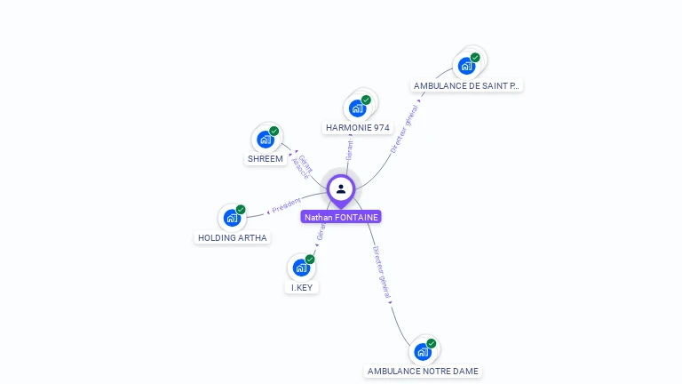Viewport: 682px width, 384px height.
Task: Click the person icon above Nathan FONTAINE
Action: (341, 188)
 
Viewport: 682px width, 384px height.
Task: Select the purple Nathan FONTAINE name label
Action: (341, 217)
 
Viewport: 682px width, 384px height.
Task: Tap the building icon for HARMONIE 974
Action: (358, 108)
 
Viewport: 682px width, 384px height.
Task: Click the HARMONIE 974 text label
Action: (358, 128)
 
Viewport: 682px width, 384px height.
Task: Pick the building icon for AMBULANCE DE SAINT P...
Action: (466, 66)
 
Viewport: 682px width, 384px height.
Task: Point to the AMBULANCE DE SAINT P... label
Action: (467, 86)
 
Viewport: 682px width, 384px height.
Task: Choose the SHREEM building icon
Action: (266, 140)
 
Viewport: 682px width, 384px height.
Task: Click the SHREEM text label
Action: (266, 159)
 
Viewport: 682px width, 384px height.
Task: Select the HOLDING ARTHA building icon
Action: (232, 218)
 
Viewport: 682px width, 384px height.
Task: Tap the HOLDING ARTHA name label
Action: (233, 238)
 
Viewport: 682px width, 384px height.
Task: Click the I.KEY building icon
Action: (302, 268)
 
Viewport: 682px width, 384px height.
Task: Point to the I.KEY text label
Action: (303, 288)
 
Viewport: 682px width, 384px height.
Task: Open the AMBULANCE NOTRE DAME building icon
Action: (424, 351)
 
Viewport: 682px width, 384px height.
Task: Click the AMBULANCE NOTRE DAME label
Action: (424, 371)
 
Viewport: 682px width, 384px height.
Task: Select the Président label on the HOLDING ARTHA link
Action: (286, 205)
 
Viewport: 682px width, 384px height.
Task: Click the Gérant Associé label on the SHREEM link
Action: (303, 165)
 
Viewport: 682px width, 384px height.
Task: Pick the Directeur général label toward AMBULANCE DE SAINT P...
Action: (404, 130)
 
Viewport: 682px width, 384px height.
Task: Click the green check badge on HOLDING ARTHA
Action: (241, 210)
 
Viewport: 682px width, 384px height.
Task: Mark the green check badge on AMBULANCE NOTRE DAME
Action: (432, 343)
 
